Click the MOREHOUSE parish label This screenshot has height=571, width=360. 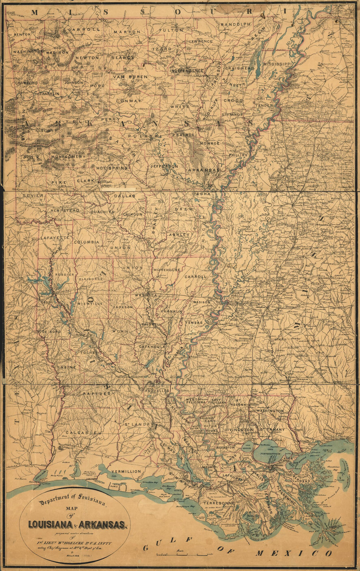coord(167,270)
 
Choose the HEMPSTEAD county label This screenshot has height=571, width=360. coord(65,211)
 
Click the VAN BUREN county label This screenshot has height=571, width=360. coord(130,77)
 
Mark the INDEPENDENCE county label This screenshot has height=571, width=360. coord(187,71)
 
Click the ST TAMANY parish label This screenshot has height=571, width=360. coord(273,429)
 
